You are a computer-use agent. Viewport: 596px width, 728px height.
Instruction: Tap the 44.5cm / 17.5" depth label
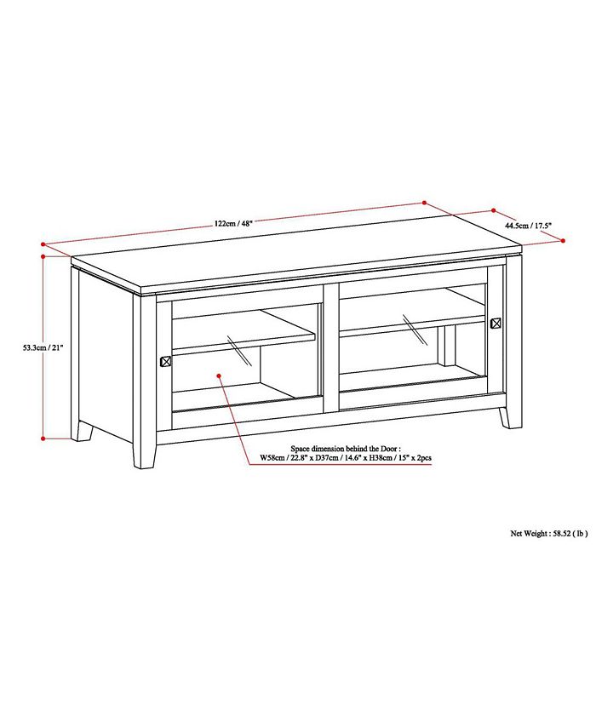tap(529, 226)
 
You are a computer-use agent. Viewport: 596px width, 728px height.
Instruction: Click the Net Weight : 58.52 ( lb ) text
tap(548, 534)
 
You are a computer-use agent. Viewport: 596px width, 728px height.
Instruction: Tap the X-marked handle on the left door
tap(165, 360)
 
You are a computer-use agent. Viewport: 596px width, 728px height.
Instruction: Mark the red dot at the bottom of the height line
tap(43, 439)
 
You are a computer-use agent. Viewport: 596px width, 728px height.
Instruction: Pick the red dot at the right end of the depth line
tap(563, 241)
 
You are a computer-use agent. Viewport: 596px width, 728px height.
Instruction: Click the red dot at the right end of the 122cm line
tap(424, 203)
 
